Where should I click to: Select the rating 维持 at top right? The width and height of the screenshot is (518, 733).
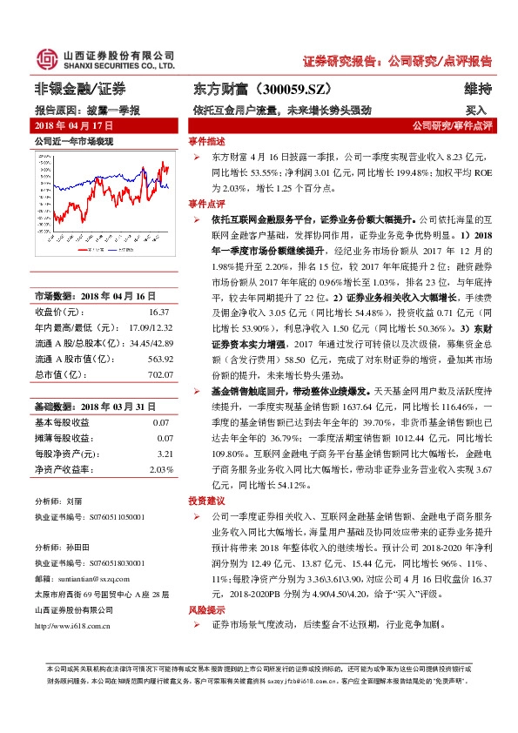[478, 89]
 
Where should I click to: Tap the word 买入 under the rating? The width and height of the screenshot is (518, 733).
[475, 111]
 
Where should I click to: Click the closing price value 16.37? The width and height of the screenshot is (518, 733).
[158, 311]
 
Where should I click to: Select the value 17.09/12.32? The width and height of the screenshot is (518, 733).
[149, 327]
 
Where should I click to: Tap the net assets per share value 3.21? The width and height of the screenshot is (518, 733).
[161, 454]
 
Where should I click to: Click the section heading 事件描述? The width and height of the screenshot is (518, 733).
[206, 140]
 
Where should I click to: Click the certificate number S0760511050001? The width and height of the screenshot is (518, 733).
[114, 516]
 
